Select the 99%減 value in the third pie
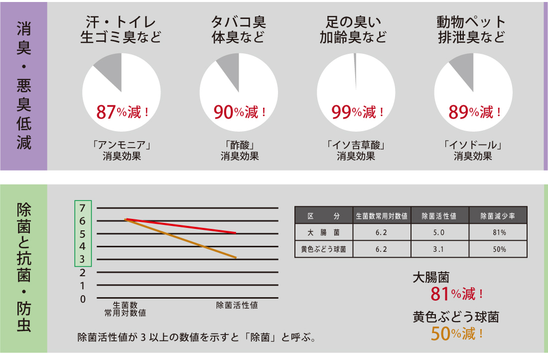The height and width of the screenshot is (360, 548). [358, 112]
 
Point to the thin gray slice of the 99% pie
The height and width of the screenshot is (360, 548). [355, 70]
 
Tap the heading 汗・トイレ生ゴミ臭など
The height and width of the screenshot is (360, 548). [121, 30]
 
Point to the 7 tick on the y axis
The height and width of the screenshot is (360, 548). [83, 207]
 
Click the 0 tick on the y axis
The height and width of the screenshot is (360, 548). [83, 299]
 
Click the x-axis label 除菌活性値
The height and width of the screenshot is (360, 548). [237, 305]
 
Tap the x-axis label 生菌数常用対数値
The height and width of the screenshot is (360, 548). [125, 309]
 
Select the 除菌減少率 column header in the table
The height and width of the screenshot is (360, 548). [497, 216]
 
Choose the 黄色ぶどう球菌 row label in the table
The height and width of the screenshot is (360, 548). [324, 249]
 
